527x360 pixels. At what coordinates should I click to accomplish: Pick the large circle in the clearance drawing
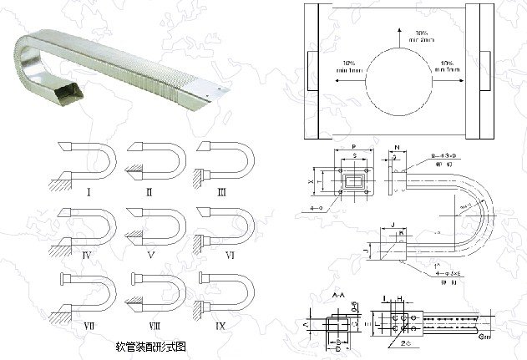click(x=390, y=82)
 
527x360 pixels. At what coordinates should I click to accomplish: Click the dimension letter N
click(x=396, y=147)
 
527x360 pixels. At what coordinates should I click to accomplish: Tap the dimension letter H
click(x=400, y=298)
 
